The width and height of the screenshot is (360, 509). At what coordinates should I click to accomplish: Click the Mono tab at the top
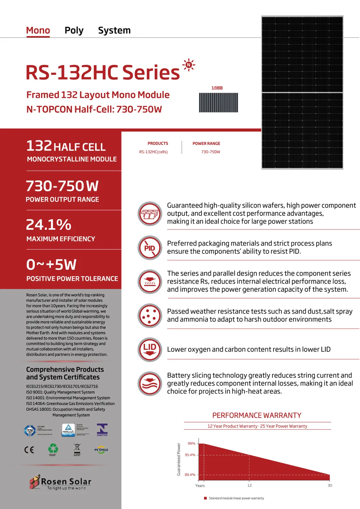38,31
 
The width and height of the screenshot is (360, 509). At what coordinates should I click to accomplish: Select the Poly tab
74,31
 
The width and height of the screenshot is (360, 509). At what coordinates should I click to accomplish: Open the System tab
114,31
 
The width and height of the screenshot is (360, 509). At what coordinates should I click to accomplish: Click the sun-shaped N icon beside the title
189,65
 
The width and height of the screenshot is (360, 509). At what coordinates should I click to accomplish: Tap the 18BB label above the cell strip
217,88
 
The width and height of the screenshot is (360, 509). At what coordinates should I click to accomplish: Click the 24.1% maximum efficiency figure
49,225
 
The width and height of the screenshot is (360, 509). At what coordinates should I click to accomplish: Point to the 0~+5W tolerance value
52,265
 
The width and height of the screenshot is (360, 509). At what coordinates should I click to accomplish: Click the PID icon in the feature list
150,248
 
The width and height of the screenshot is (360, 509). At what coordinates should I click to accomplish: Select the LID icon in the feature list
150,350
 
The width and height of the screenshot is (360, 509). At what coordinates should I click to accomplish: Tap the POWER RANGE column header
206,144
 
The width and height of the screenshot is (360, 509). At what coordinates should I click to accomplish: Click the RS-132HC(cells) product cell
154,152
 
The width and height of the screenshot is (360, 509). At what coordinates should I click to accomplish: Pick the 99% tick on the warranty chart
192,444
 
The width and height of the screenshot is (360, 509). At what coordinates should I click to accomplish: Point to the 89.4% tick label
190,475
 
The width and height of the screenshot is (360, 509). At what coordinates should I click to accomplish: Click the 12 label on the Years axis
250,486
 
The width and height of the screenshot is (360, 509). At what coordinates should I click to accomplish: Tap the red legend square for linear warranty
205,498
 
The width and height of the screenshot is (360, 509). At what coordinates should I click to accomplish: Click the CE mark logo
29,450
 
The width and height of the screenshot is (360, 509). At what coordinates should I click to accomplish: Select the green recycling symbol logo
53,449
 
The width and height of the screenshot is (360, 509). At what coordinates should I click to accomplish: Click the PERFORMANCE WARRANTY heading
257,415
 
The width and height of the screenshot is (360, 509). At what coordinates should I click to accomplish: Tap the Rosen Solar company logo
60,482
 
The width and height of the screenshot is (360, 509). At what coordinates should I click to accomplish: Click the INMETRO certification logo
102,430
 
